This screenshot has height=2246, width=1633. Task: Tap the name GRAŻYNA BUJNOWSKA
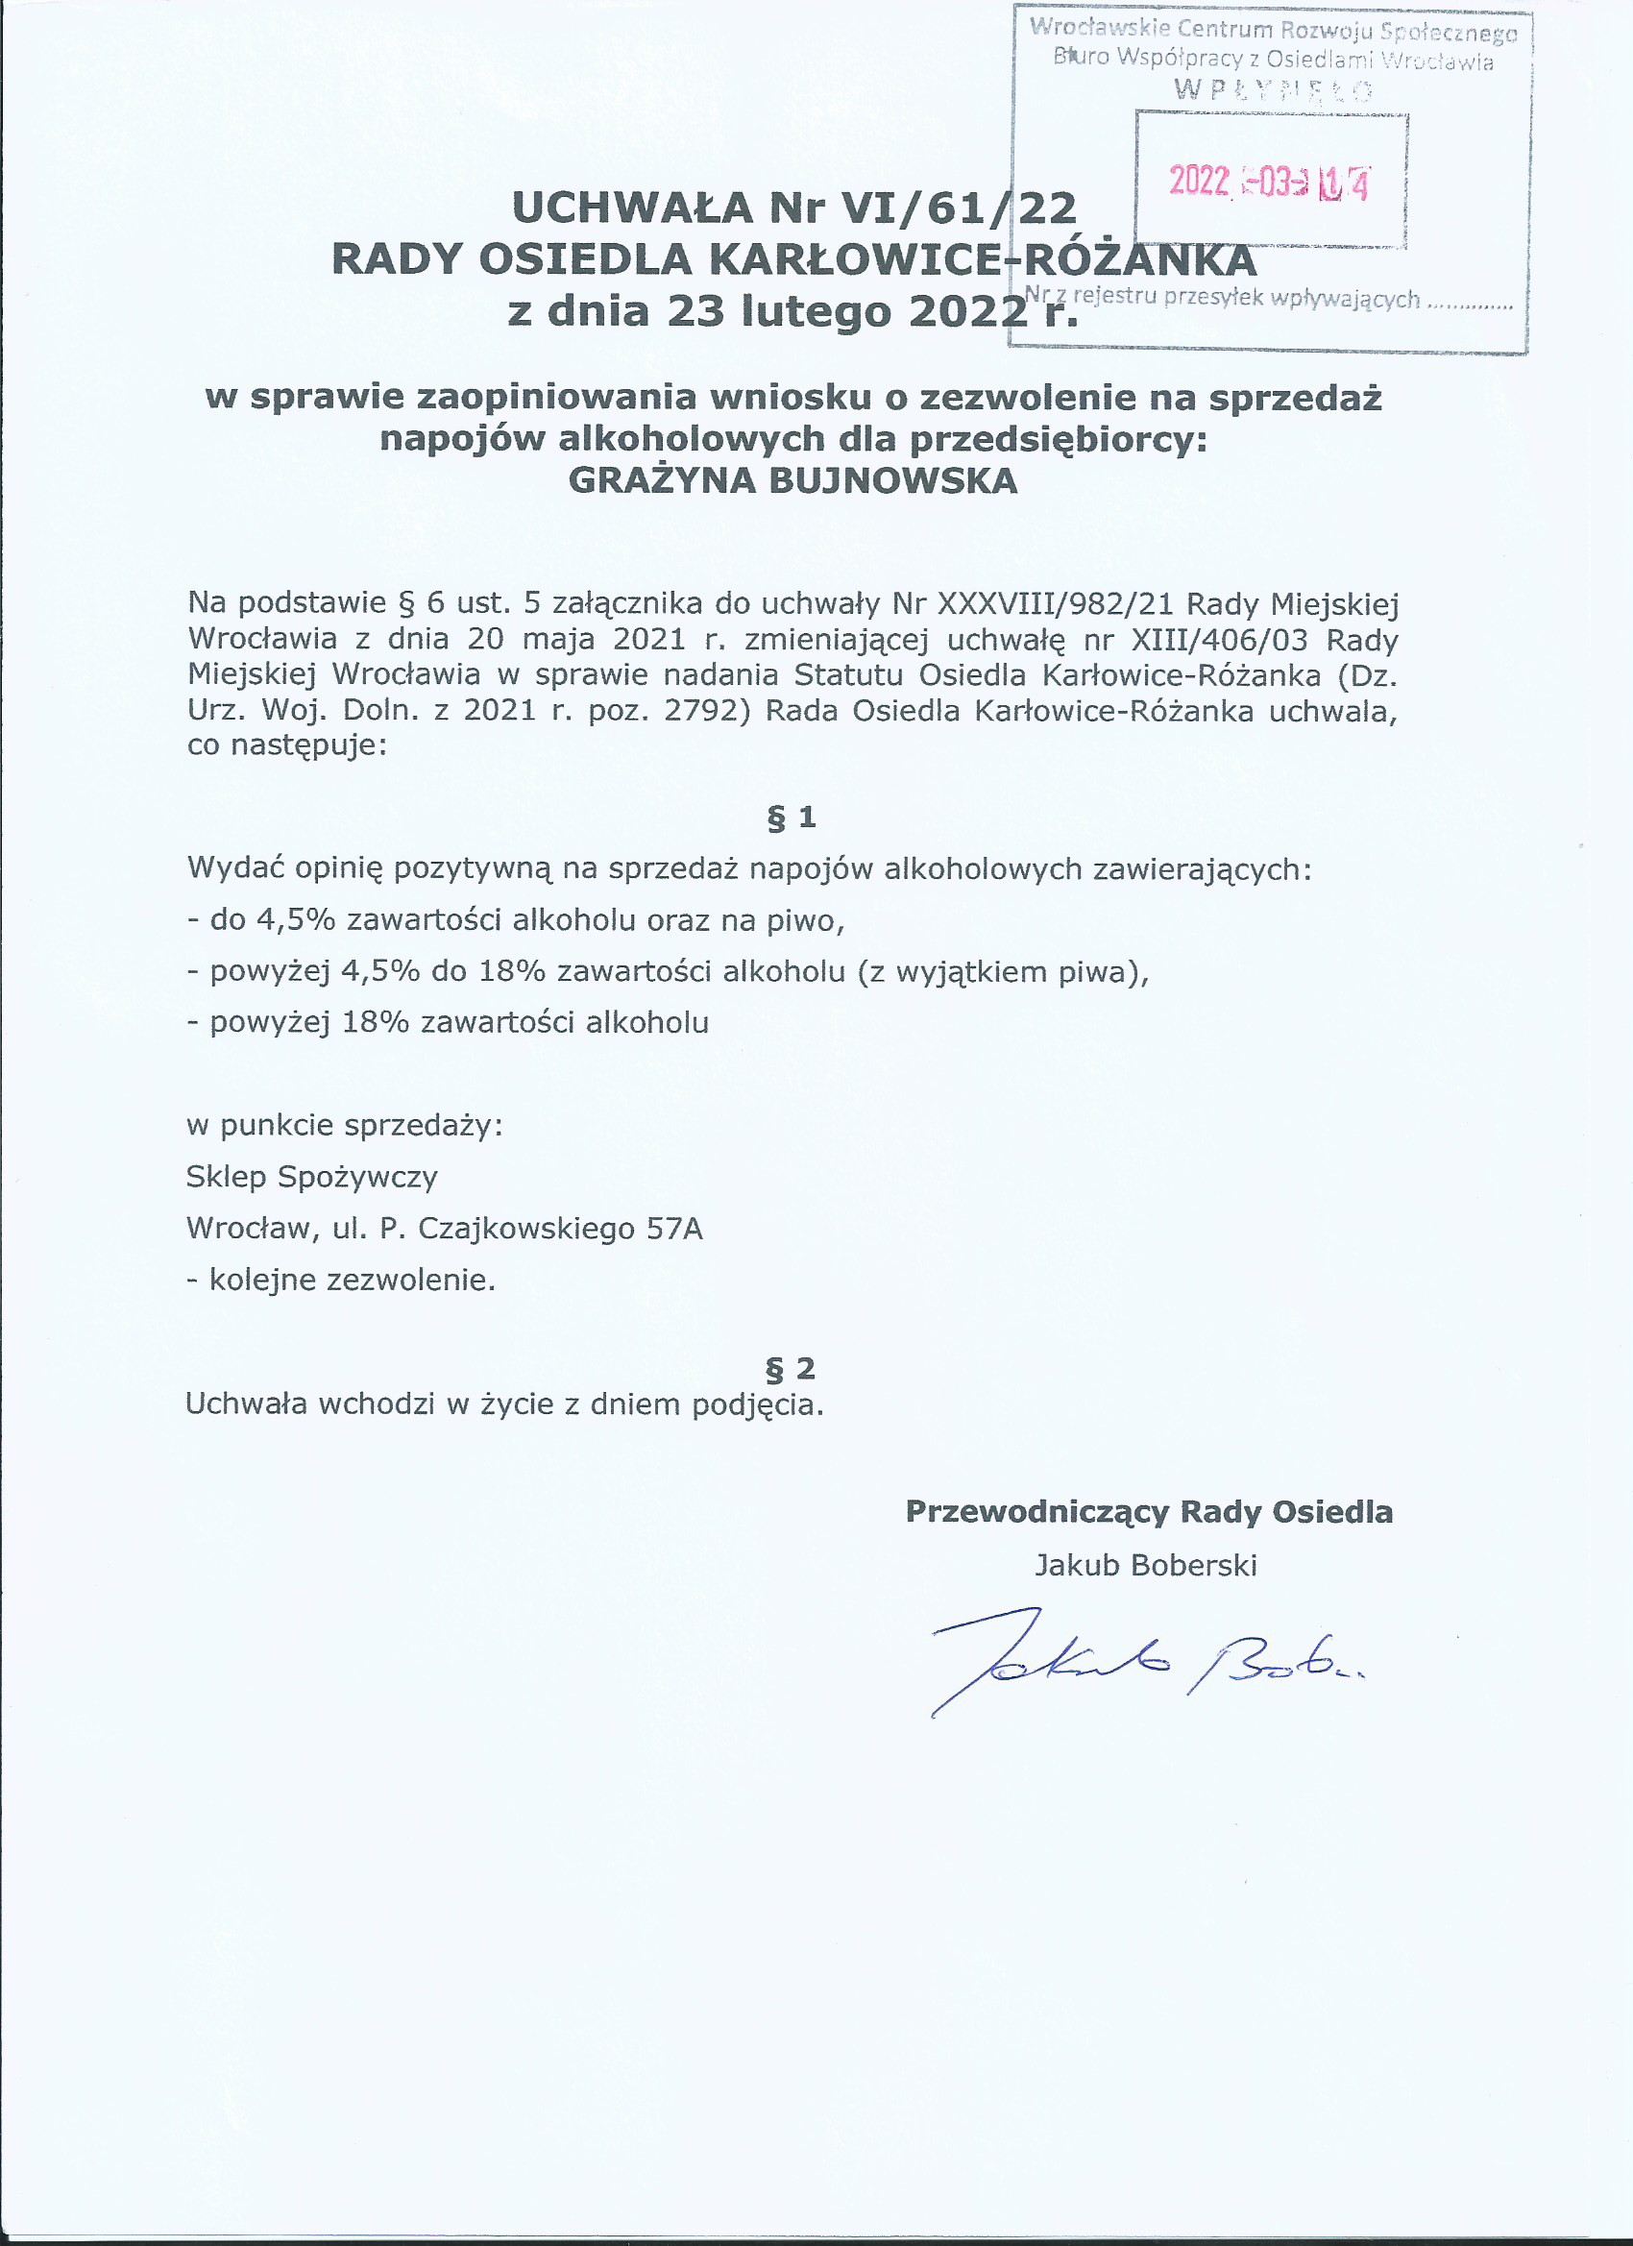click(792, 481)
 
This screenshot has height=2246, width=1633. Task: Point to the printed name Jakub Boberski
click(1146, 1566)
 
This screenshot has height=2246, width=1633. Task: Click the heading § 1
click(792, 818)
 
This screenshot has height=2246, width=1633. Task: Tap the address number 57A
click(674, 1229)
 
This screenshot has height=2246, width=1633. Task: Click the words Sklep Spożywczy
click(312, 1178)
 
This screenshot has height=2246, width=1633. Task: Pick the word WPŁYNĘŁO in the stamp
click(1273, 91)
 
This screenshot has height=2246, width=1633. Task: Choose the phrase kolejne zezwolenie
click(352, 1281)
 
